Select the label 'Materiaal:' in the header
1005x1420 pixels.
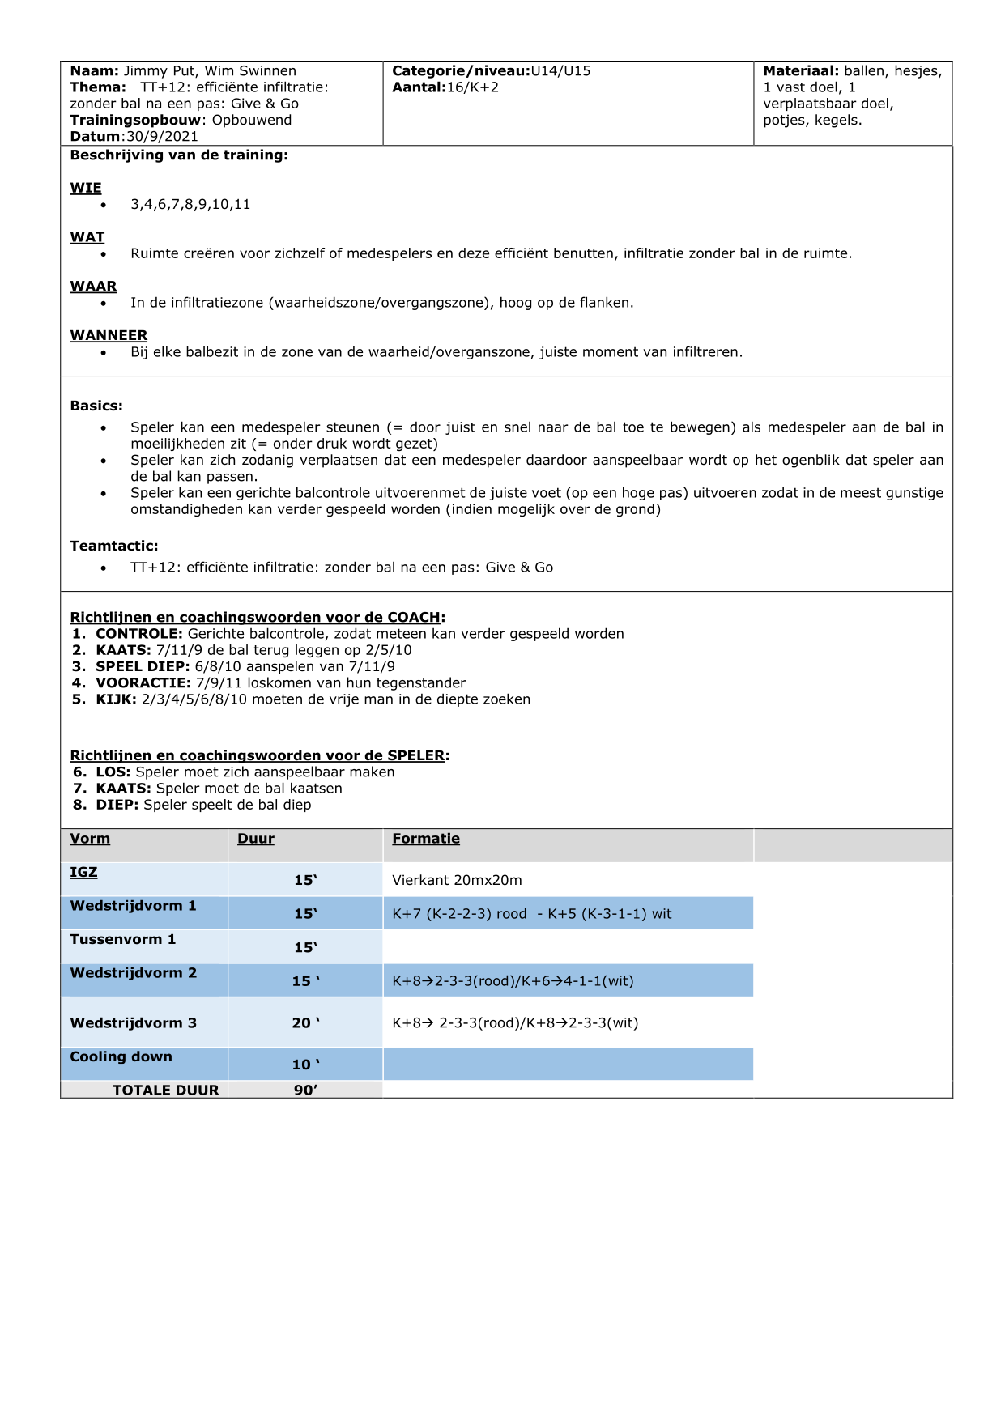coord(800,71)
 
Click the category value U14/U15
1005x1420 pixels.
coord(560,71)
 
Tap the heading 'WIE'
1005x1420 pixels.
coord(86,188)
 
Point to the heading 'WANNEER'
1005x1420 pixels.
coord(109,335)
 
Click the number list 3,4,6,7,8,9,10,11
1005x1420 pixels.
coord(190,205)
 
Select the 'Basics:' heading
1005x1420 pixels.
coord(96,406)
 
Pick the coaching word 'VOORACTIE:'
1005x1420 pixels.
coord(143,683)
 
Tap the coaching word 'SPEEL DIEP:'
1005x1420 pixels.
coord(143,667)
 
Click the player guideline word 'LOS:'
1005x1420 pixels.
coord(113,772)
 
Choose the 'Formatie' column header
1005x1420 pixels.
coord(426,839)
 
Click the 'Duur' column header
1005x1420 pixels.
coord(256,839)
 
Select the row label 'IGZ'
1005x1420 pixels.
coord(83,872)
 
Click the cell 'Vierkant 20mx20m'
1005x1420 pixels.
coord(457,881)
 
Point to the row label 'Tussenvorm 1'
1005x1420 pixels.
coord(122,939)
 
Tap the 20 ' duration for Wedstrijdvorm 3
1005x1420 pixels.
coord(305,1023)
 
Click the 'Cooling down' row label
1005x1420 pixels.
coord(121,1056)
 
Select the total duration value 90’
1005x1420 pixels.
coord(305,1091)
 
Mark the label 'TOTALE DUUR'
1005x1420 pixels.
coord(165,1091)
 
